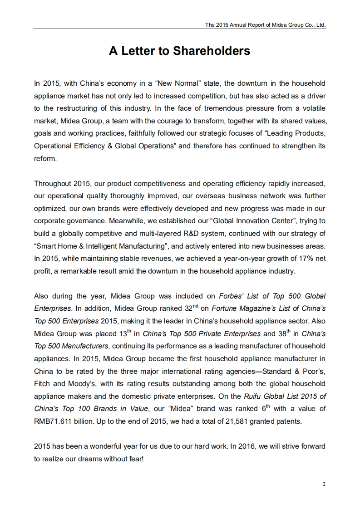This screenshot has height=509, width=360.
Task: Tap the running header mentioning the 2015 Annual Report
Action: [x=265, y=25]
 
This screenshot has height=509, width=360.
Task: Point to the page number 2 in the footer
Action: [x=324, y=484]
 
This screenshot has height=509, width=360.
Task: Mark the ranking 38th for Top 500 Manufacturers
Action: [x=284, y=333]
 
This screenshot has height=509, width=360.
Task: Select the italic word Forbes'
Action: [x=231, y=296]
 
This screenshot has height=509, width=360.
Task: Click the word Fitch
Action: [x=42, y=383]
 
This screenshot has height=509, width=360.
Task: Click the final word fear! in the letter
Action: [x=135, y=459]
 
